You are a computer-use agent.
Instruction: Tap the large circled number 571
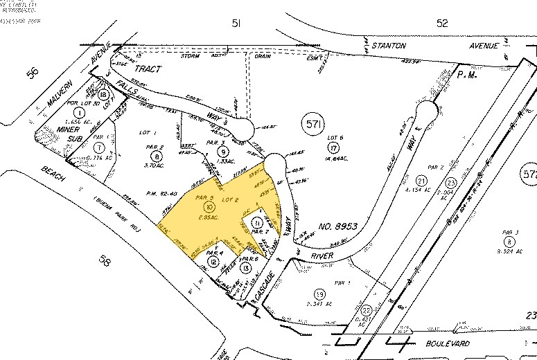coord(313,125)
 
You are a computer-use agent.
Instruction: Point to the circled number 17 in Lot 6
coord(335,147)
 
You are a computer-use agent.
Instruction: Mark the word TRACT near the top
coord(147,69)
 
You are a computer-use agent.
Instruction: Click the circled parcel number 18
coord(104,95)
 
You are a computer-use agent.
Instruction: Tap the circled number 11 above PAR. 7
coord(257,223)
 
